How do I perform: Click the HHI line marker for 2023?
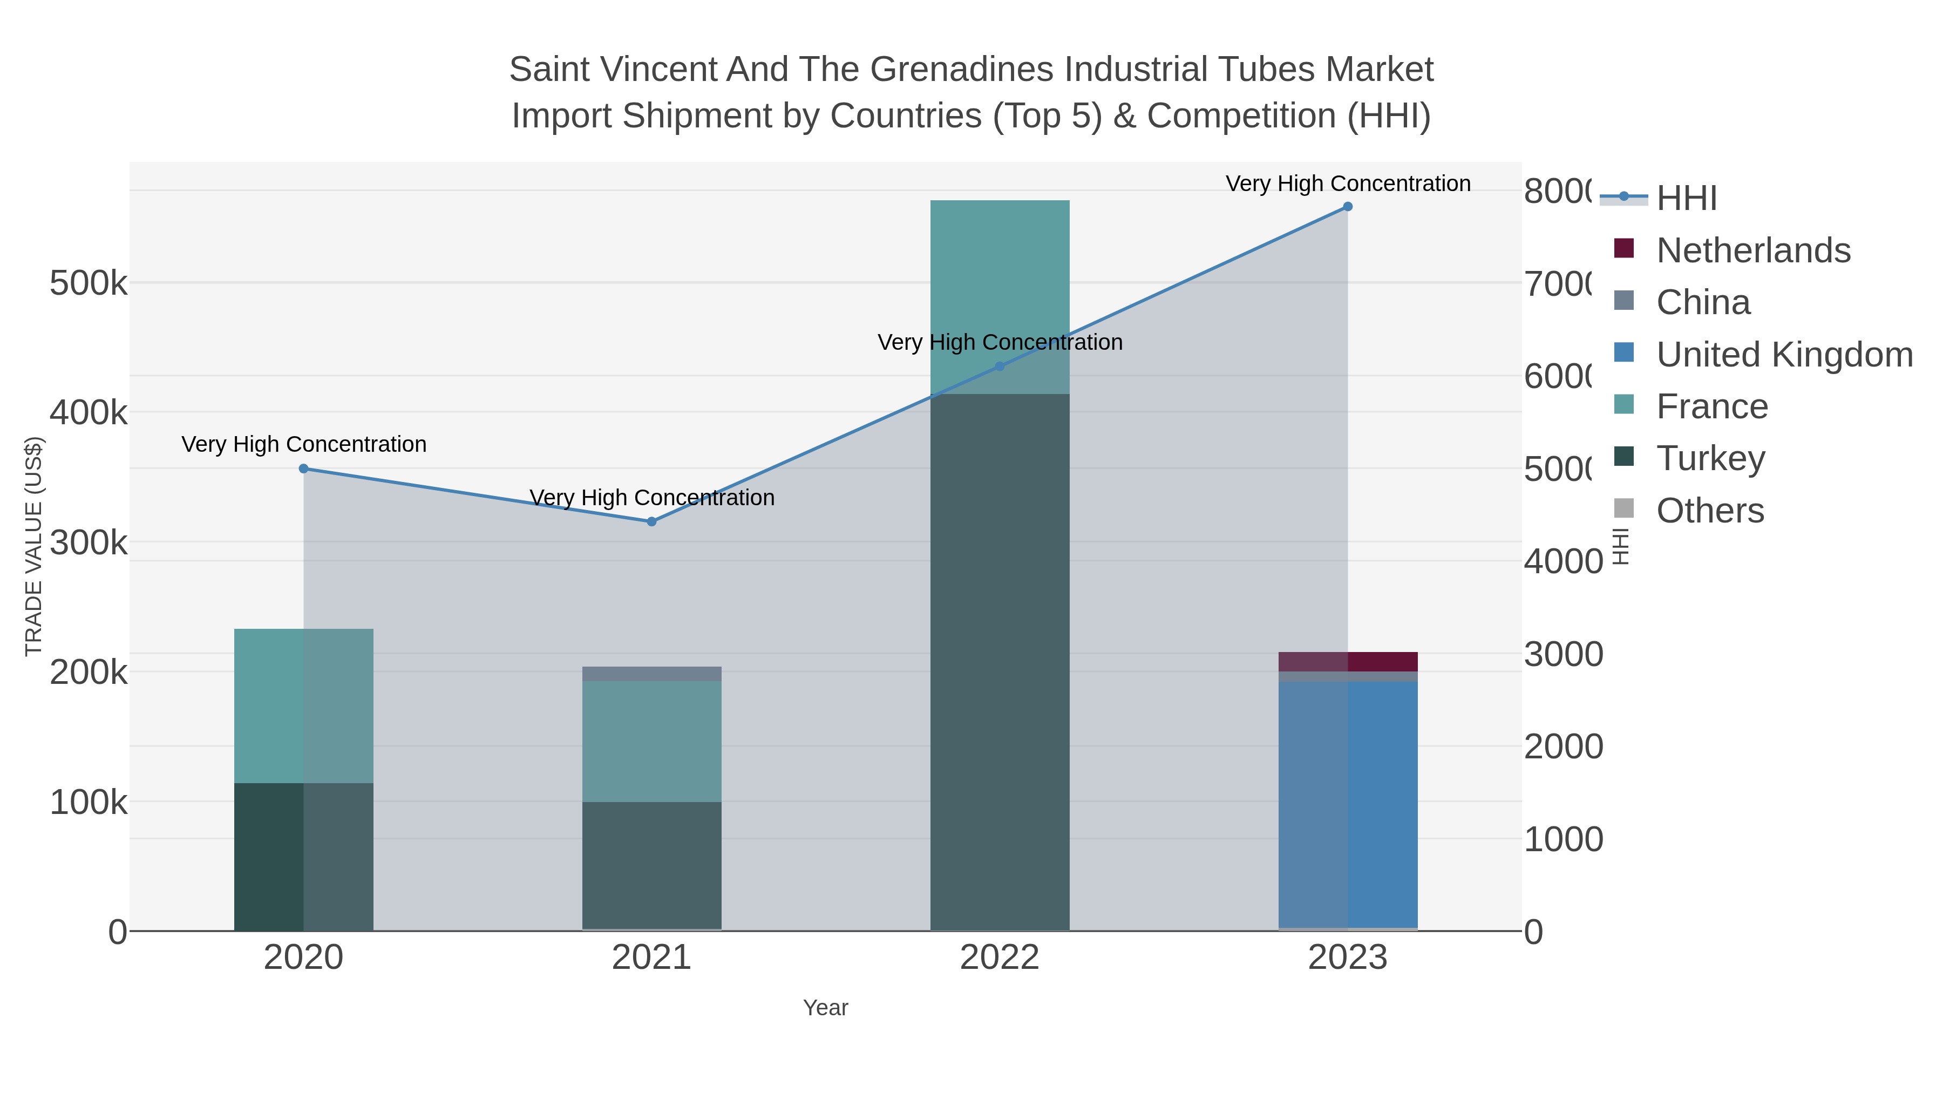point(1347,207)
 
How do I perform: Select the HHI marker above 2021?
point(651,521)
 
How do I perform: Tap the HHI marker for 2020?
point(304,469)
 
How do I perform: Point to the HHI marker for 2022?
point(1000,366)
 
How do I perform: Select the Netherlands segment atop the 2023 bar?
point(1347,662)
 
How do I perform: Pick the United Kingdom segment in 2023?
point(1347,803)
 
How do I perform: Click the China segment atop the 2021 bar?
point(651,674)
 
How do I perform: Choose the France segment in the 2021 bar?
point(651,741)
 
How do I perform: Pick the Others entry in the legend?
point(1709,511)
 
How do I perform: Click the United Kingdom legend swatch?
point(1624,353)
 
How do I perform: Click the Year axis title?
point(825,1008)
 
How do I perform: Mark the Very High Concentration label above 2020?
point(304,444)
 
